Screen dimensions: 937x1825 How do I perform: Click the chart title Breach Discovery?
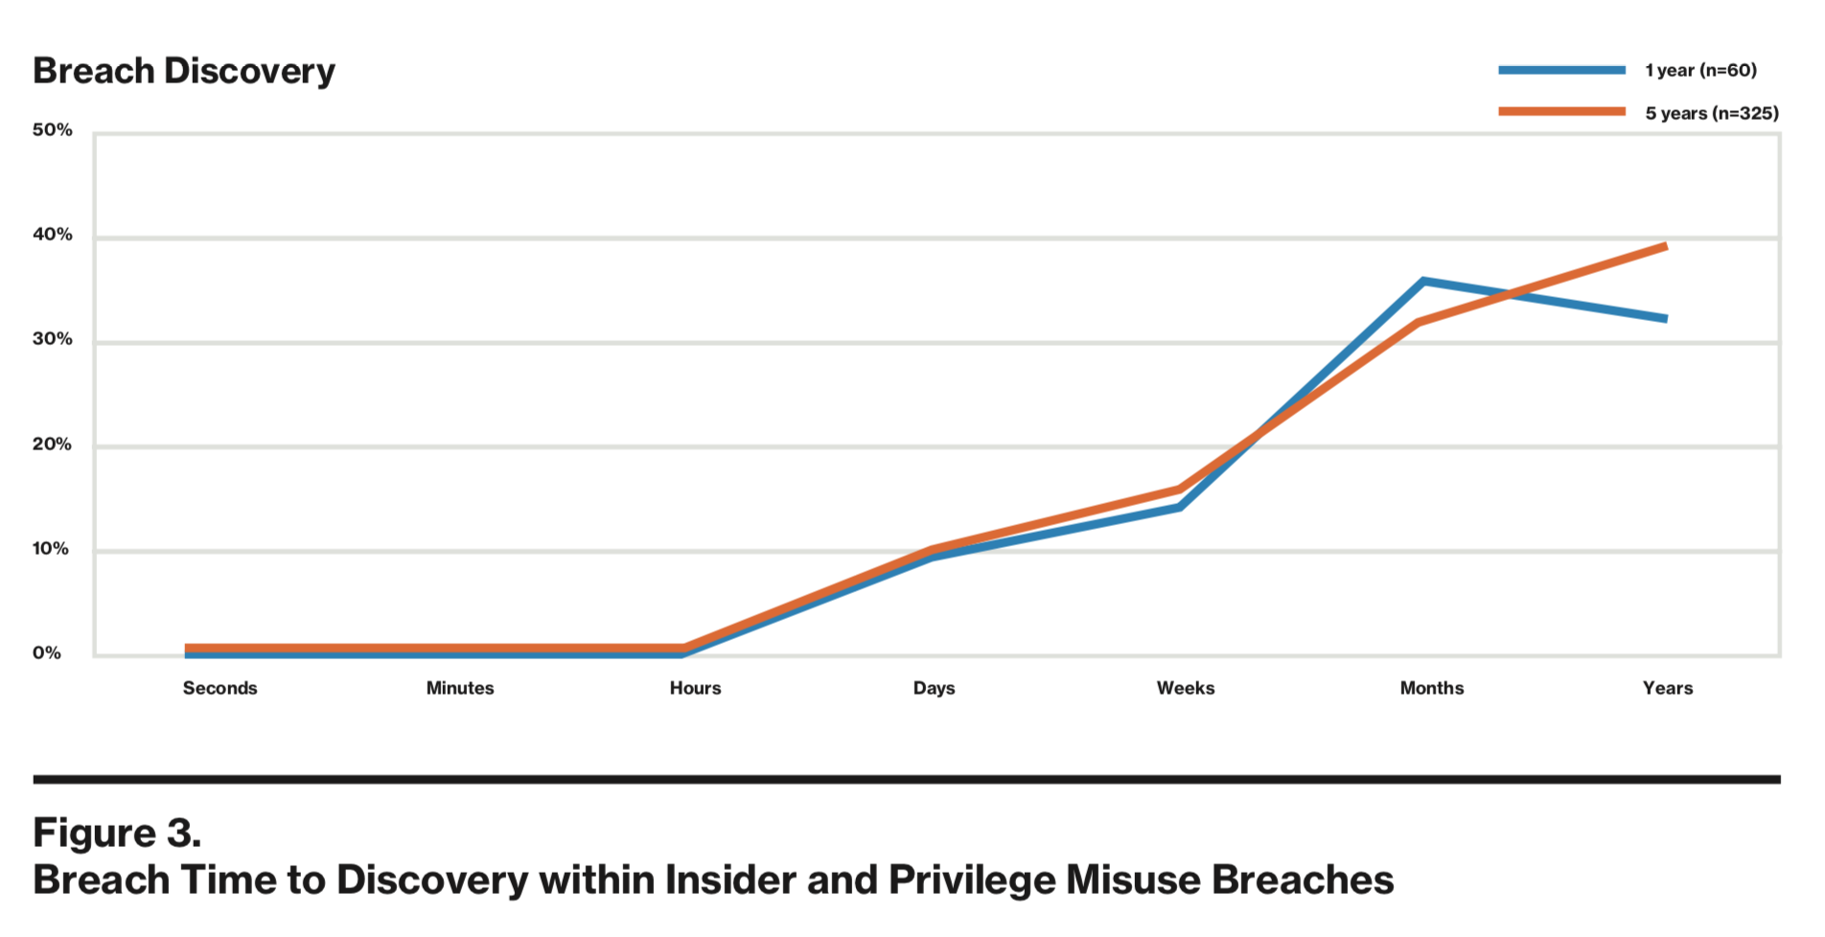tap(184, 71)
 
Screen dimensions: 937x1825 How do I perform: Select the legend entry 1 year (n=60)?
tap(1700, 70)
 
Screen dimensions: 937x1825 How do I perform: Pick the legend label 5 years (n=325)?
tap(1711, 113)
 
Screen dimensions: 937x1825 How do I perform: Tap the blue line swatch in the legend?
tap(1561, 70)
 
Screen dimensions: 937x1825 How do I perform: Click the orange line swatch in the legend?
tap(1561, 112)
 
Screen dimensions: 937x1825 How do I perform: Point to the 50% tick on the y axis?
tap(52, 130)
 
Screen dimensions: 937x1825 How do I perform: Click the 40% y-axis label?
tap(52, 235)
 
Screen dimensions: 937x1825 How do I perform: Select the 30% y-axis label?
tap(52, 339)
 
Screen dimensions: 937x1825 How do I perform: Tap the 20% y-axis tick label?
tap(52, 445)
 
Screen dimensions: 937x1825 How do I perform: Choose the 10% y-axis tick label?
tap(52, 549)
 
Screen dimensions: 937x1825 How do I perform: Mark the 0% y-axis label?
tap(47, 653)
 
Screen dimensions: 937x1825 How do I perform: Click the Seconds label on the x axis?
tap(219, 688)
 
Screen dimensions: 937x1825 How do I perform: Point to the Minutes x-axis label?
tap(460, 688)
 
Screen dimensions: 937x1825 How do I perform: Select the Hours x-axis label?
tap(695, 688)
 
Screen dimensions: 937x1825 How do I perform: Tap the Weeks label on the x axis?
tap(1185, 688)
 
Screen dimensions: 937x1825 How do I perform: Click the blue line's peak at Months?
tap(1424, 282)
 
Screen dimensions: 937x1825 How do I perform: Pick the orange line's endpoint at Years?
tap(1666, 246)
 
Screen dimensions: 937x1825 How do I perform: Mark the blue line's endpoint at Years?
tap(1666, 318)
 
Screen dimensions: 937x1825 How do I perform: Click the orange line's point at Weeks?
tap(1180, 490)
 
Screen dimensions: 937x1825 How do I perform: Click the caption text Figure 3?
tap(117, 833)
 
